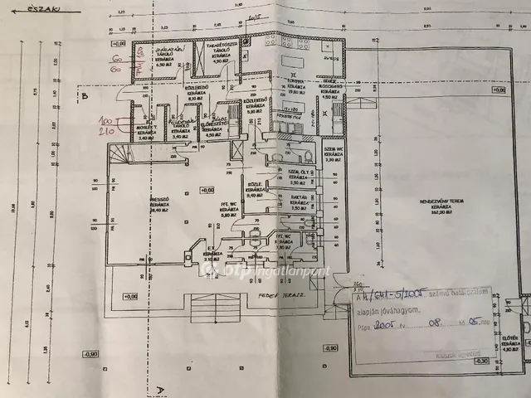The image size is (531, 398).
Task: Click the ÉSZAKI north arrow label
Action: (x=22, y=10)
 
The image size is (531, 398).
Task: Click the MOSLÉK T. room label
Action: (x=142, y=132)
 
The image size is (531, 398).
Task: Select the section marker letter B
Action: (x=85, y=95)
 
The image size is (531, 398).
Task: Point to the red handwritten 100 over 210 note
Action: (x=106, y=125)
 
